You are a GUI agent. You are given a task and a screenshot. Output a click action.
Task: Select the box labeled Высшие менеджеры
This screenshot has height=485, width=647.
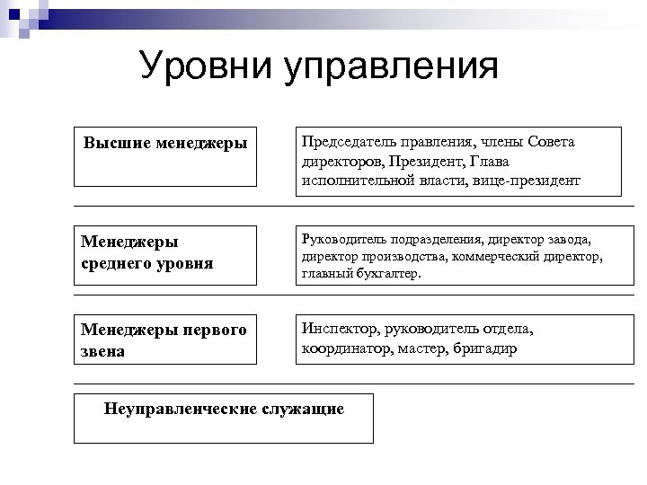164,156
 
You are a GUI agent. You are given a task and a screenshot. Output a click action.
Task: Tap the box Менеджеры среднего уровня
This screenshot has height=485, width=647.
164,254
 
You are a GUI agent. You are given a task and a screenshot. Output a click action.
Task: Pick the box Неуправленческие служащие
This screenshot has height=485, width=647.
224,418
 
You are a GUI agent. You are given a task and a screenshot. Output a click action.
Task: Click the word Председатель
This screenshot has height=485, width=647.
347,142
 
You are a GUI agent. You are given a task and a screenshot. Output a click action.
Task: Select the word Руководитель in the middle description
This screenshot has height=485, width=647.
339,239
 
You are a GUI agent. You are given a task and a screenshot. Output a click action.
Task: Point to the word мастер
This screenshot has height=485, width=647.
422,348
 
